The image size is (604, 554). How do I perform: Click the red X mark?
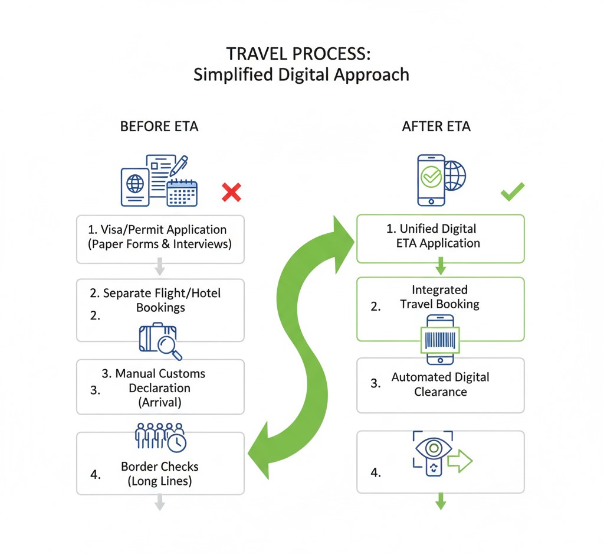pyautogui.click(x=232, y=192)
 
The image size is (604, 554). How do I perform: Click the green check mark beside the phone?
pyautogui.click(x=512, y=191)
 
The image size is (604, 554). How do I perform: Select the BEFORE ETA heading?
pyautogui.click(x=159, y=126)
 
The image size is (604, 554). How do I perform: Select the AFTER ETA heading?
pyautogui.click(x=436, y=126)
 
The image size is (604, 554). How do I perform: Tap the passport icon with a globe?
pyautogui.click(x=135, y=183)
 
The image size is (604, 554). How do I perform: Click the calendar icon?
pyautogui.click(x=182, y=192)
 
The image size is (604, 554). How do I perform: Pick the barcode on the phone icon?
pyautogui.click(x=439, y=341)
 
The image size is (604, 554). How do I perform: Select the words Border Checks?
pyautogui.click(x=160, y=467)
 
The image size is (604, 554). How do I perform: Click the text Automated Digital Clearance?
pyautogui.click(x=440, y=384)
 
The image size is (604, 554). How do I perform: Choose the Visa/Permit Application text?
pyautogui.click(x=159, y=229)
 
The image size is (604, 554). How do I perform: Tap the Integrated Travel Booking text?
pyautogui.click(x=439, y=297)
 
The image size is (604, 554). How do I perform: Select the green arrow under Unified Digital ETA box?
pyautogui.click(x=440, y=269)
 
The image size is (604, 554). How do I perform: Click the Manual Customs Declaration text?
pyautogui.click(x=160, y=388)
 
